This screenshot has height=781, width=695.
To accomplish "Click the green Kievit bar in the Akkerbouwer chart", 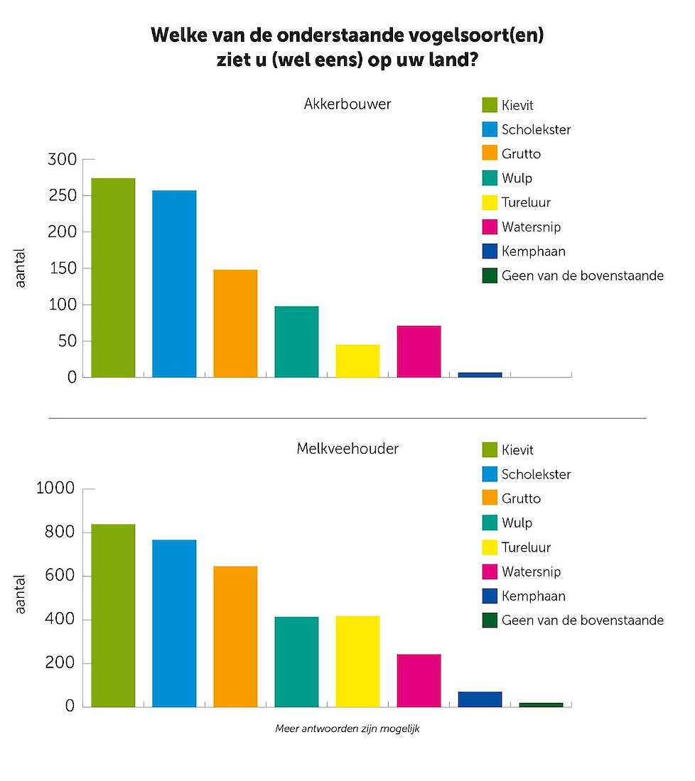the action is coord(113,278).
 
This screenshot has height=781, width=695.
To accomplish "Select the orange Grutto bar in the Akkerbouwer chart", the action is coord(235,323).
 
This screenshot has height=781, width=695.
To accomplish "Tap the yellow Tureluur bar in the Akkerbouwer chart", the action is coord(357,361).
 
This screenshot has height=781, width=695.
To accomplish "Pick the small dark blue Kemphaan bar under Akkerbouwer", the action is coord(480,375).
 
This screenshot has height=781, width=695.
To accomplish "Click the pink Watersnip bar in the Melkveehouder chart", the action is coord(419,680).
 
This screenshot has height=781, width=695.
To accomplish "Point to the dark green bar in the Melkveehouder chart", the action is coord(541,705).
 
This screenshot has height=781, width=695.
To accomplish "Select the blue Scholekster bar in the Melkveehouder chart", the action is coord(174,623).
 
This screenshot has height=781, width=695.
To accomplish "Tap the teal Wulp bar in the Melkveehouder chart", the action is coord(296,662).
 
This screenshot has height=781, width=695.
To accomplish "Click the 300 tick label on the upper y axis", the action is coord(63,159).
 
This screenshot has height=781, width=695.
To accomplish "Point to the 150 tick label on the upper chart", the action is coord(63,268).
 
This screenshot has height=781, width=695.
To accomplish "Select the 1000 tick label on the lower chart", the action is coord(55,488).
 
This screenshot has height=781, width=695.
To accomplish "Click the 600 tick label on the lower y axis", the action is coord(60,575).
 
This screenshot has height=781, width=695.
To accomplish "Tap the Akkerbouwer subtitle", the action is coord(347,104).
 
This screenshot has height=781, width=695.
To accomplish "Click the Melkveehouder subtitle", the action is coord(347,448).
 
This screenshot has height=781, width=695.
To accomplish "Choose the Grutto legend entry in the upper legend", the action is coord(512,153).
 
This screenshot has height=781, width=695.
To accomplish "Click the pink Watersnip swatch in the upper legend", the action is coord(490,226).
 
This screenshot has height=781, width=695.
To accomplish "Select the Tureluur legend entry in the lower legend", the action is coord(517,547).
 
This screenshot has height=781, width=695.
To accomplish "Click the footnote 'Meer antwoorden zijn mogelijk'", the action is coord(347,728).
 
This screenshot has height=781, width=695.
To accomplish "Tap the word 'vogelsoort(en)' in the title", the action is coord(476,35).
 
